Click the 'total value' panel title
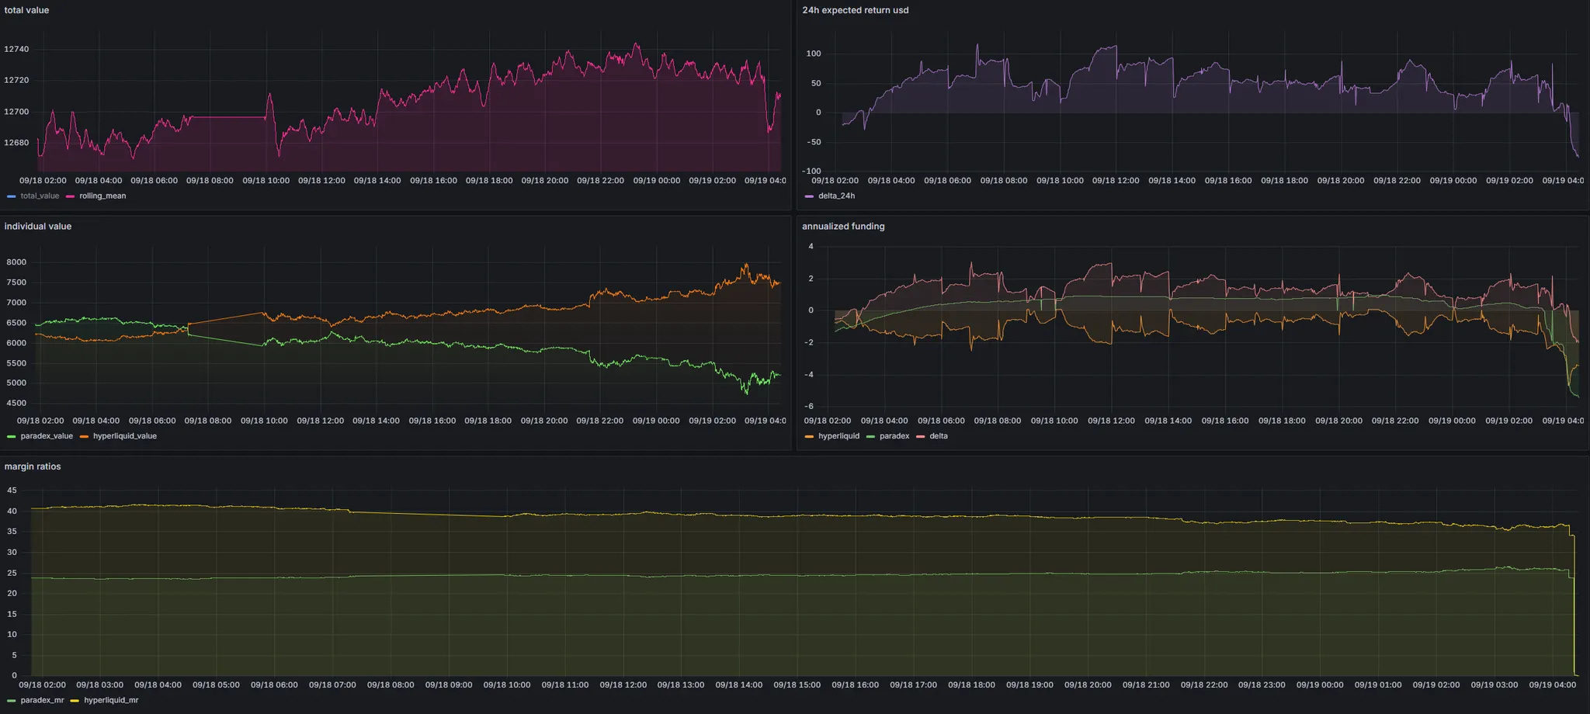coord(26,10)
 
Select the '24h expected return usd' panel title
coord(855,10)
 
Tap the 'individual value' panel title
coord(37,227)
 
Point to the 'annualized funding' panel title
coord(843,227)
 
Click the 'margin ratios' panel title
coord(32,466)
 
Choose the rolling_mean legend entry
coord(102,196)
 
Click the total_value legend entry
coord(40,196)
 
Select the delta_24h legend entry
coord(836,196)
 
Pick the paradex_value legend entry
coord(47,436)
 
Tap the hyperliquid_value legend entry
coord(124,436)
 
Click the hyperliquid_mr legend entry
coord(111,700)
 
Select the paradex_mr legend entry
coord(42,700)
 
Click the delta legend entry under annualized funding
coord(938,436)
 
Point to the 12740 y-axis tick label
coord(16,49)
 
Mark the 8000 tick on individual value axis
coord(16,262)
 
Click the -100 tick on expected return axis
coord(811,171)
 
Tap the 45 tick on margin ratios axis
coord(12,490)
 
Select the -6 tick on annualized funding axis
coord(809,406)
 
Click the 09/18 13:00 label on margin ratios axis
coord(681,685)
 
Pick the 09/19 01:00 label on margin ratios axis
coord(1378,685)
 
